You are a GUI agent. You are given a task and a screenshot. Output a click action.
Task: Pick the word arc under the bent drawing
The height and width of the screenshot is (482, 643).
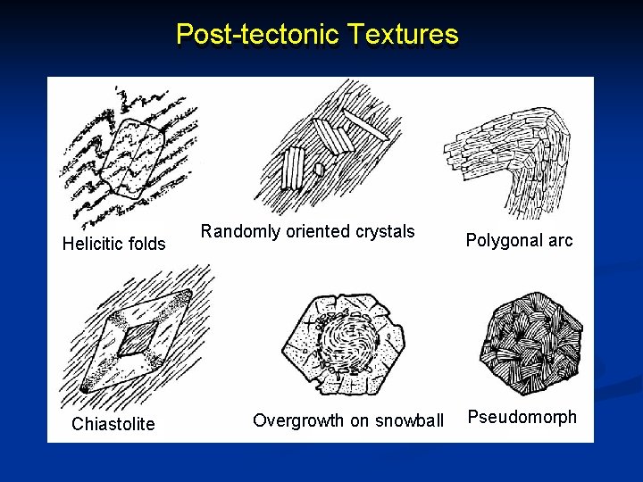pyautogui.click(x=560, y=240)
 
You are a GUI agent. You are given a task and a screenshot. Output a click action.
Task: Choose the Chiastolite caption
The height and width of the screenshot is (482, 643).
pyautogui.click(x=113, y=424)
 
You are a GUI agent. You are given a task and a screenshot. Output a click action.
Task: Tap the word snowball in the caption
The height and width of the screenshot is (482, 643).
pyautogui.click(x=410, y=420)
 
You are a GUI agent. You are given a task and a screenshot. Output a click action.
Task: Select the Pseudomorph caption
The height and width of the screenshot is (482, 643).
pyautogui.click(x=522, y=417)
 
